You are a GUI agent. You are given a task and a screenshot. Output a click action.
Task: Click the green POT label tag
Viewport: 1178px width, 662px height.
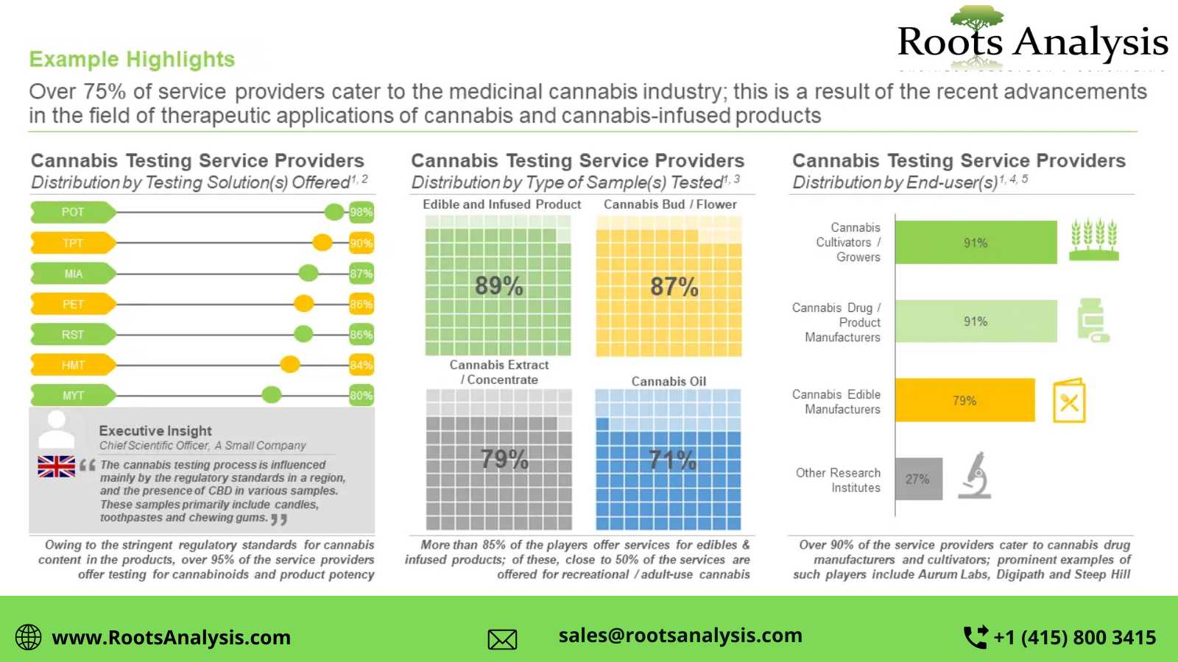coord(72,213)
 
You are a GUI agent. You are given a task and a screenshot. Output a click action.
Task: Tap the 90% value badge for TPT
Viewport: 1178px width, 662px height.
coord(361,243)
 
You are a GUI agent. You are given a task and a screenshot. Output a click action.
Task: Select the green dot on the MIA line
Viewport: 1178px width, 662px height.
coord(308,274)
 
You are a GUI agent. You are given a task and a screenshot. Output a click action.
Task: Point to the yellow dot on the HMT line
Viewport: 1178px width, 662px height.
coord(290,364)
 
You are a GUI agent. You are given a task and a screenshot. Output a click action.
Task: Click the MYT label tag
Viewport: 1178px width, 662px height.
coord(72,396)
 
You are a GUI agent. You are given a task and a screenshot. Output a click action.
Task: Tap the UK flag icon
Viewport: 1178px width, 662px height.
coord(56,466)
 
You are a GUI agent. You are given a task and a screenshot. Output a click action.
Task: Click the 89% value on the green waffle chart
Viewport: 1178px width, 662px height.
coord(498,285)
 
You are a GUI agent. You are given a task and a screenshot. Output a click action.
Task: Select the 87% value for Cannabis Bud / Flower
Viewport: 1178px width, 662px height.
coord(674,286)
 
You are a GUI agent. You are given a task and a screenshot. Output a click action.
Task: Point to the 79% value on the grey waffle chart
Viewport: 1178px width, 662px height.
coord(504,460)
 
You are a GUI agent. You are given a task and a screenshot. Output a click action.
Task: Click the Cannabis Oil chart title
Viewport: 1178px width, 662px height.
coord(669,381)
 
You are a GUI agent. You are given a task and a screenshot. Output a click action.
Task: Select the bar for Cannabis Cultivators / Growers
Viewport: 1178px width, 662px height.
coord(976,243)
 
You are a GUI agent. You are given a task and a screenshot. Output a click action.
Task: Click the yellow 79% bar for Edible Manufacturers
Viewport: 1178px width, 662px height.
coord(964,401)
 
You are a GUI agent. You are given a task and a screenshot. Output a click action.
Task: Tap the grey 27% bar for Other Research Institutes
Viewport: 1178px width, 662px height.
coord(918,479)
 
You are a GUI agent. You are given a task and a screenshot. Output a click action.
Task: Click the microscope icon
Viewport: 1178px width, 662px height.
coord(976,475)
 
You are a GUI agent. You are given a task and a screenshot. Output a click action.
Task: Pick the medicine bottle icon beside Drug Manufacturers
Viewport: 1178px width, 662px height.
coord(1092,320)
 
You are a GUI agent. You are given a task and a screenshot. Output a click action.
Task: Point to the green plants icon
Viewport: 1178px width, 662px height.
coord(1094,240)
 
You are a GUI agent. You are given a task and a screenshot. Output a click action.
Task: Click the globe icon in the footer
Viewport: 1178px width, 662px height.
coord(29,637)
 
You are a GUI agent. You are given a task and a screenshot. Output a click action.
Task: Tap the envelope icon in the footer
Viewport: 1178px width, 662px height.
coord(502,639)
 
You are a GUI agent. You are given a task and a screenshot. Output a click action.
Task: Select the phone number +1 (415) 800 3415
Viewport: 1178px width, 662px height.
coord(1074,637)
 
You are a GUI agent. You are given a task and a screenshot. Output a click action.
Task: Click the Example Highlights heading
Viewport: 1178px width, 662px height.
coord(132,60)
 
